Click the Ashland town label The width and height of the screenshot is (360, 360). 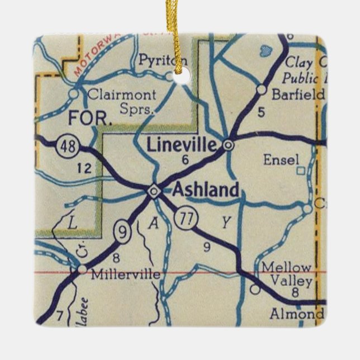pos(206,190)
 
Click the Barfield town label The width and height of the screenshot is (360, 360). pos(297,95)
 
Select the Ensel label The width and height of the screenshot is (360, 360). pos(281,159)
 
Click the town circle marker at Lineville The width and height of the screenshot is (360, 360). pos(228,145)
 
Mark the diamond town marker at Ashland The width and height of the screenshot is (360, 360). pos(153,192)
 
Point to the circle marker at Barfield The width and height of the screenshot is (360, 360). pos(261,89)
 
